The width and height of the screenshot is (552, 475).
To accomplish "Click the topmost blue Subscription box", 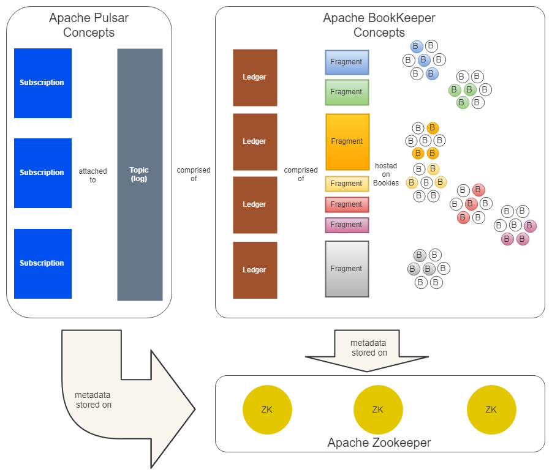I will tap(42, 83).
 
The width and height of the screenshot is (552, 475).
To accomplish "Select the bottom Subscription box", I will tap(42, 263).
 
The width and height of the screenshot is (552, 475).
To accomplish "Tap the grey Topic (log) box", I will tap(140, 174).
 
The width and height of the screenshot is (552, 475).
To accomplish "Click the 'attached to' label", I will tap(93, 176).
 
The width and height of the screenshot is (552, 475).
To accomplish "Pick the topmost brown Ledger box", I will tap(255, 77).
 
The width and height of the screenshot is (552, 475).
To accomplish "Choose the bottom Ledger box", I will tap(255, 270).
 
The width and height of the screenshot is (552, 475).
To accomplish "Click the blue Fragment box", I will tap(347, 62).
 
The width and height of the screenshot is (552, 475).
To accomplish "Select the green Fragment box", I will tap(347, 92).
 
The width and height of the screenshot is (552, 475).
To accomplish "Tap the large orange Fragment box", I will tap(347, 141).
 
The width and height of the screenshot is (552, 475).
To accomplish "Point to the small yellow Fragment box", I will tap(347, 184).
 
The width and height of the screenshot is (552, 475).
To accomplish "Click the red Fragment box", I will tap(347, 204).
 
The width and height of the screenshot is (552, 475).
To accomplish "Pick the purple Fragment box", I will tap(347, 225).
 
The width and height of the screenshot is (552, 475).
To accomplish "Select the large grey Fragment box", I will tap(347, 269).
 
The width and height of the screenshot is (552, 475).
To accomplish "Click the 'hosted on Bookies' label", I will tap(386, 174).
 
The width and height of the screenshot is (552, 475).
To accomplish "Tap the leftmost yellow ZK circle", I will tap(267, 410).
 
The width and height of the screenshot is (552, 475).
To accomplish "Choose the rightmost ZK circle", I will tap(491, 410).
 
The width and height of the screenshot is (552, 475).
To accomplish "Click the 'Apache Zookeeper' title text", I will tap(379, 443).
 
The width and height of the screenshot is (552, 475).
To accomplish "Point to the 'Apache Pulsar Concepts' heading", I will tap(89, 25).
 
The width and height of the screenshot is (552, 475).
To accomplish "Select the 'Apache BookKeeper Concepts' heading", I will tap(379, 25).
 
